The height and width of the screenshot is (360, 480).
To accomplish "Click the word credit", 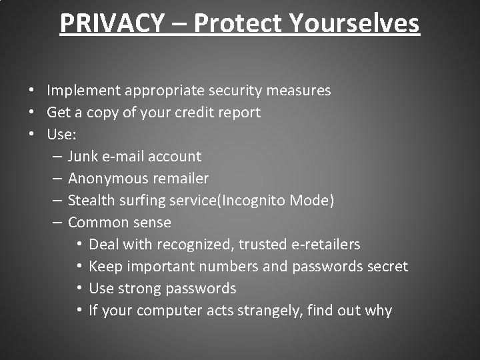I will click(x=194, y=112).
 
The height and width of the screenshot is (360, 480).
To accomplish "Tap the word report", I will click(x=239, y=112).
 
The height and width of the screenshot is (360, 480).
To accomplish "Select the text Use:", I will click(x=61, y=134).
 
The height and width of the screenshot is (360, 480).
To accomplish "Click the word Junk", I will click(x=83, y=156).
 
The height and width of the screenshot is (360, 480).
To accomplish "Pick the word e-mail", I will click(x=122, y=156).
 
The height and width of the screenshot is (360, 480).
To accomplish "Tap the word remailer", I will click(x=181, y=178).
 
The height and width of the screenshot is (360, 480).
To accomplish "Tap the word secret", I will click(x=387, y=266).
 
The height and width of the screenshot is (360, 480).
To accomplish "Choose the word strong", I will click(x=136, y=288).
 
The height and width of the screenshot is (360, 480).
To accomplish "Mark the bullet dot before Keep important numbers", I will click(x=79, y=267).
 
